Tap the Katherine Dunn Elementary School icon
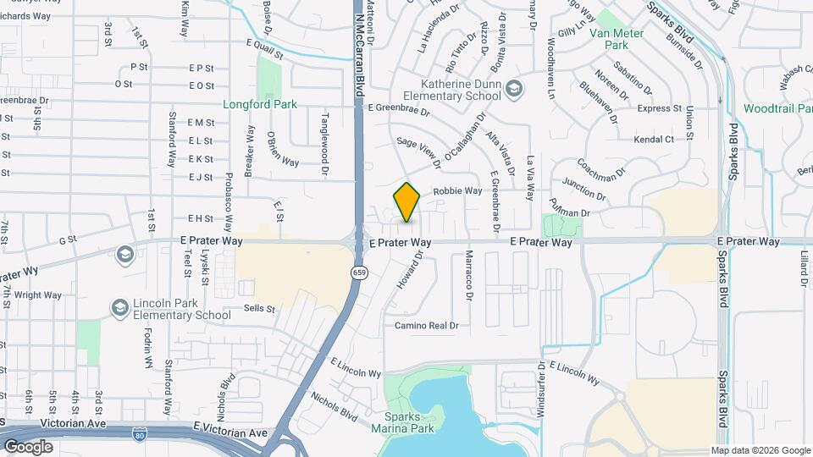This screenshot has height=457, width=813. pos(513,88)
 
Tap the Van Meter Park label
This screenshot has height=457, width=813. pos(616,39)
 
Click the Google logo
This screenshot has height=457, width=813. pos(28,446)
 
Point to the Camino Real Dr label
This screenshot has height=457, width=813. pos(426,325)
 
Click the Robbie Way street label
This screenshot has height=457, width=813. pos(457,191)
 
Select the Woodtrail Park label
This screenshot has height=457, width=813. pos(777,108)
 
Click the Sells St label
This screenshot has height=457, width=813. pos(259,310)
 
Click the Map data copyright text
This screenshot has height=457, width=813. pos(760,450)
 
